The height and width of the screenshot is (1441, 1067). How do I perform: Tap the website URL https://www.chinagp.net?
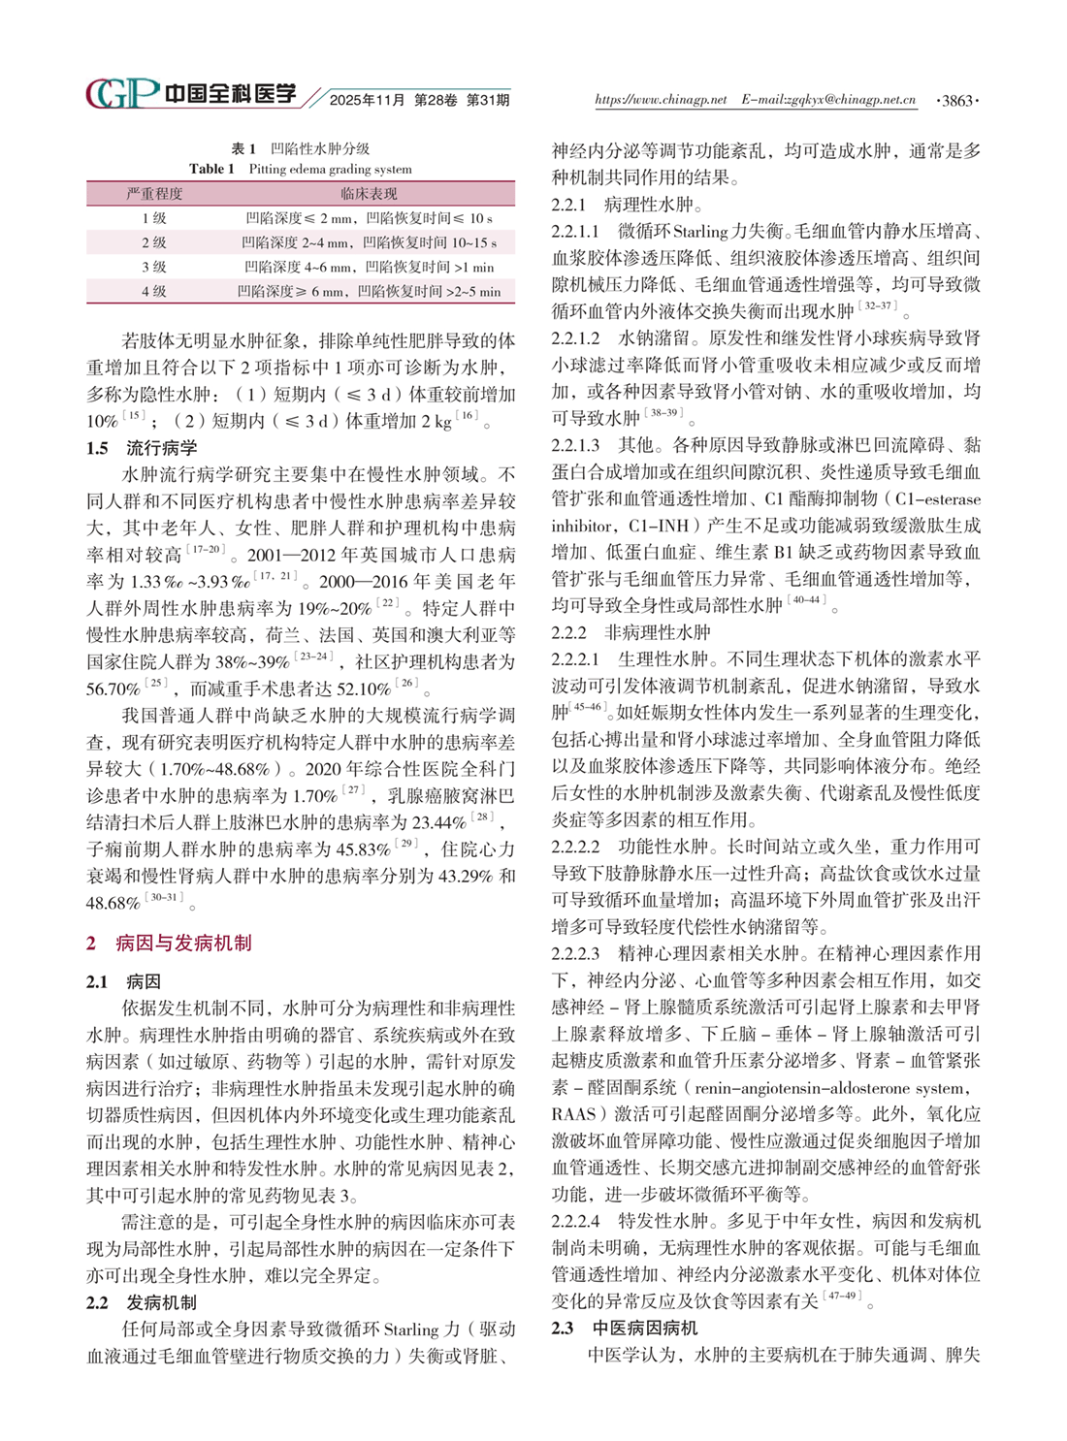660,100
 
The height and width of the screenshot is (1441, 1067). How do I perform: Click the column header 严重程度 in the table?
154,193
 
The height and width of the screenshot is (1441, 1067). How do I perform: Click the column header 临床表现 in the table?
370,193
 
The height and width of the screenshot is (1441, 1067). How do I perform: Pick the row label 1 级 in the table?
154,218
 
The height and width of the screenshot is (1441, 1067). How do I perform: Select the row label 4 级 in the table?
154,291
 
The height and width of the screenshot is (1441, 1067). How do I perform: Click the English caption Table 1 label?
211,169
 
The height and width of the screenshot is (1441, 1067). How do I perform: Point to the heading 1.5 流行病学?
142,448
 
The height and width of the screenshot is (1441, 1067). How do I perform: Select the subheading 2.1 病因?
123,981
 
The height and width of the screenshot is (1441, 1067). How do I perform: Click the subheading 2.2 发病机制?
142,1302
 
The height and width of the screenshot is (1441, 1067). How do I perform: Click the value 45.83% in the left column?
362,850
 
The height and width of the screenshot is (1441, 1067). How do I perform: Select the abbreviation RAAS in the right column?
573,1114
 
